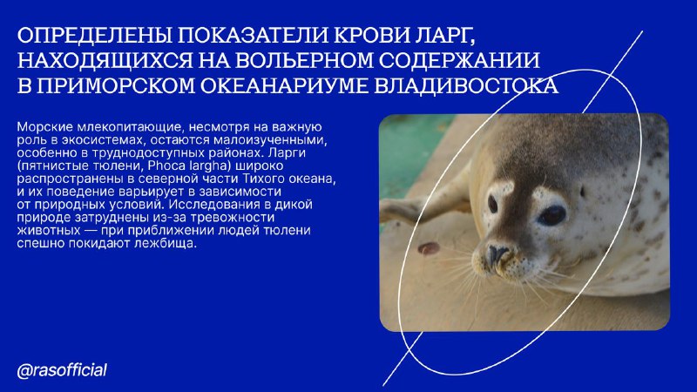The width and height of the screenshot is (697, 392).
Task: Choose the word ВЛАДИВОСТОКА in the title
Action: [466, 85]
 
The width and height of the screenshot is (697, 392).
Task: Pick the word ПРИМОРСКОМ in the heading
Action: [116, 85]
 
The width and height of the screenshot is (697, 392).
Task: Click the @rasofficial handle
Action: [62, 370]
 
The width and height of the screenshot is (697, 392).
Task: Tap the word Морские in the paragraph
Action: [45, 127]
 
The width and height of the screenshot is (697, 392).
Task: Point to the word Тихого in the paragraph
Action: [263, 179]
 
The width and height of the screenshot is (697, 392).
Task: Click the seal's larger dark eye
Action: [552, 215]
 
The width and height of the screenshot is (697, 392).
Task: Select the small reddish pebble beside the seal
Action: [429, 248]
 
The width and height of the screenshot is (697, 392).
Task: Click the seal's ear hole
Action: [582, 192]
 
